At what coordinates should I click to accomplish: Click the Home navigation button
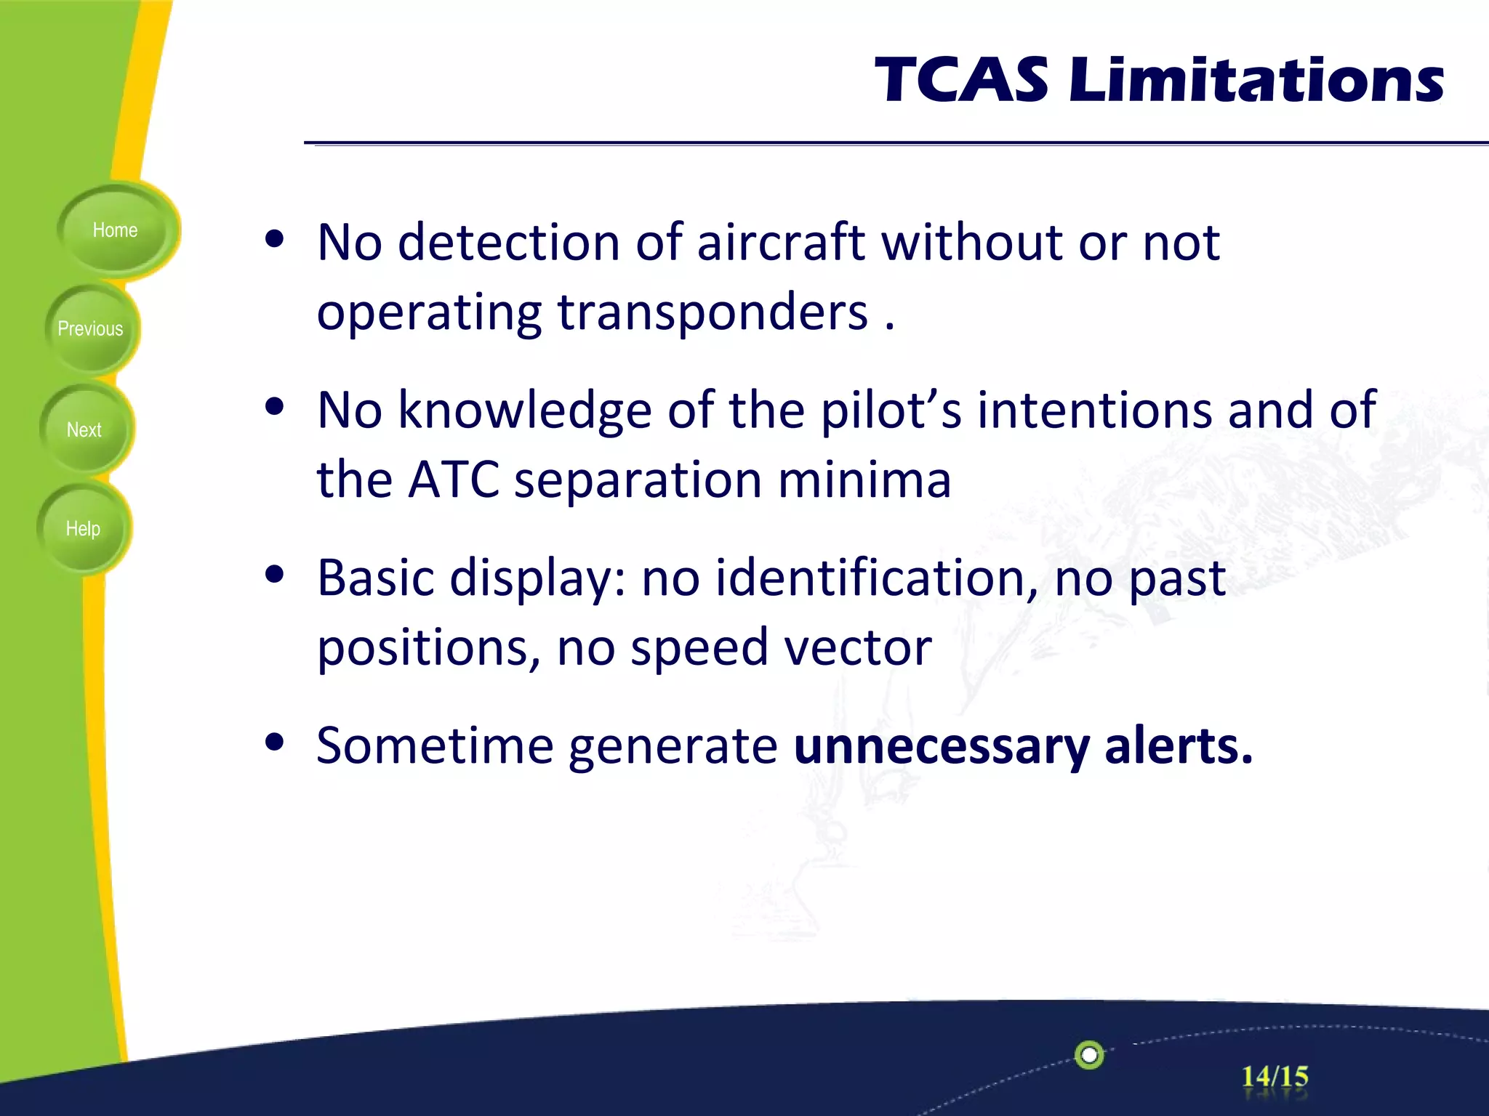coord(115,230)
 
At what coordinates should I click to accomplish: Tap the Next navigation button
coord(84,429)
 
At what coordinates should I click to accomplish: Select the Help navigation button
coord(83,528)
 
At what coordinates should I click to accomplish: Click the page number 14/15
coord(1274,1076)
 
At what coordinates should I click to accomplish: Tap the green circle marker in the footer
coord(1089,1054)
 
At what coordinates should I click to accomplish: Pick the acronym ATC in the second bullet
coord(454,480)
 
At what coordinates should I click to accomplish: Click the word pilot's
coord(891,411)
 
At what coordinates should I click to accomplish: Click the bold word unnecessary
coord(941,746)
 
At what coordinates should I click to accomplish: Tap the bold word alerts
coord(1178,746)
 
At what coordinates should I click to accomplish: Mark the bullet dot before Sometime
coord(274,743)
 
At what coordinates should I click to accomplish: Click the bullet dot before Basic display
coord(274,575)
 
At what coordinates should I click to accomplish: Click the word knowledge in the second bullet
coord(524,411)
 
